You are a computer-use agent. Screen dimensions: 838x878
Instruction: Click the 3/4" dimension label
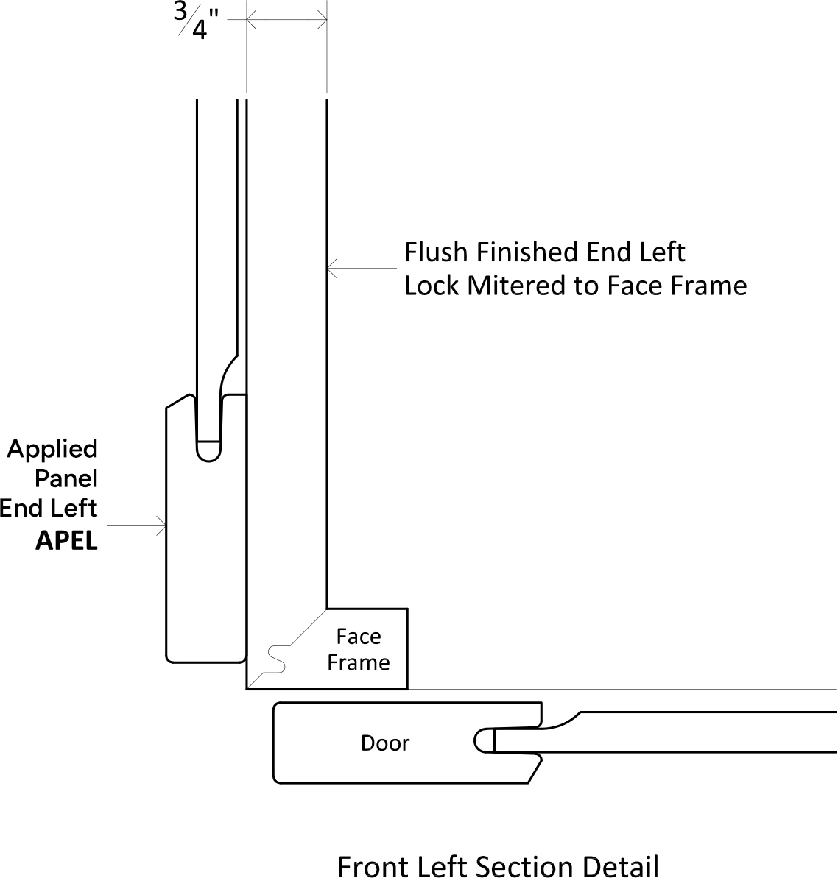(195, 21)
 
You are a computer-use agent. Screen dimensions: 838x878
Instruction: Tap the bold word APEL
(67, 541)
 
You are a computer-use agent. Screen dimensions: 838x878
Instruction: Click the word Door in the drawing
(385, 743)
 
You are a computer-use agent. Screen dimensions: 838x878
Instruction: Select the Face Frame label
(359, 650)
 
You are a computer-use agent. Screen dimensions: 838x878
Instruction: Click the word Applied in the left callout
(52, 450)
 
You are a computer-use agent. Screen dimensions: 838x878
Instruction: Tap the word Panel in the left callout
(66, 479)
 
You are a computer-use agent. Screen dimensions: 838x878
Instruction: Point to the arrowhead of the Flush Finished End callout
(331, 269)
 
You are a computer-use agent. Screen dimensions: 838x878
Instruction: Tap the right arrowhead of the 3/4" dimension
(322, 20)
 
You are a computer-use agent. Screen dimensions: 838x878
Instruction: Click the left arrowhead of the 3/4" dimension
(252, 20)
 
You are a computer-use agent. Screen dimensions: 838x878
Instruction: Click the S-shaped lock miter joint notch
(278, 659)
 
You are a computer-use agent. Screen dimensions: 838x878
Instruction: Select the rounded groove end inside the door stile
(483, 740)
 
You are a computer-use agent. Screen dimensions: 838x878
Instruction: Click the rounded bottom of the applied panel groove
(209, 451)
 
